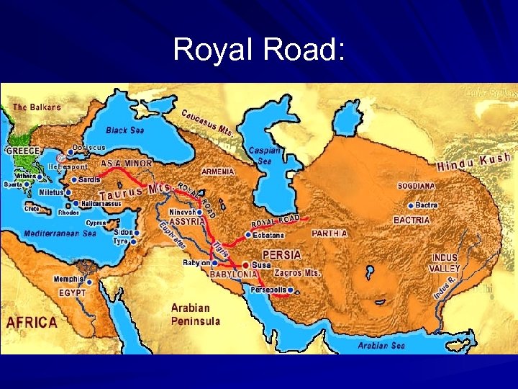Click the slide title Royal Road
point(259,50)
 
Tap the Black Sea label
point(125,130)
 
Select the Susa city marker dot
point(245,265)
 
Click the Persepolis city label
point(268,290)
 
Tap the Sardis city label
point(89,179)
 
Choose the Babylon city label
point(196,263)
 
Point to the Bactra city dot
point(411,205)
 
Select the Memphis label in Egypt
point(68,280)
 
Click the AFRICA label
point(31,322)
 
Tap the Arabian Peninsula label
point(195,314)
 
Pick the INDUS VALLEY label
point(445,263)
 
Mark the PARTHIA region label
point(330,233)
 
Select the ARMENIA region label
point(218,172)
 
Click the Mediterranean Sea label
point(60,233)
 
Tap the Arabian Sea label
point(381,346)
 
